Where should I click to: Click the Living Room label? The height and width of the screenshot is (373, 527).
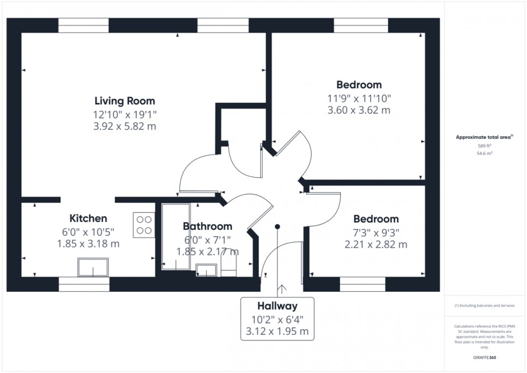pyautogui.click(x=125, y=101)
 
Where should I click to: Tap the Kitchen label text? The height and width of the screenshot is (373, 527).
pyautogui.click(x=88, y=219)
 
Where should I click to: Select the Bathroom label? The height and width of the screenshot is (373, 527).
pyautogui.click(x=208, y=227)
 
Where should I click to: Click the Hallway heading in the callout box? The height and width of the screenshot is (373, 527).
pyautogui.click(x=277, y=306)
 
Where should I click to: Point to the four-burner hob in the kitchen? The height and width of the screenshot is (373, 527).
pyautogui.click(x=144, y=225)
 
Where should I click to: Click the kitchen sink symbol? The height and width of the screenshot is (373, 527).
pyautogui.click(x=93, y=267)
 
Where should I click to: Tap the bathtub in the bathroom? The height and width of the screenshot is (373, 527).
pyautogui.click(x=176, y=236)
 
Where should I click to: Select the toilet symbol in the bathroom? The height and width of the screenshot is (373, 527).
pyautogui.click(x=229, y=268)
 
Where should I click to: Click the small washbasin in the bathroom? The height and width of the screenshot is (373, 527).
pyautogui.click(x=206, y=270)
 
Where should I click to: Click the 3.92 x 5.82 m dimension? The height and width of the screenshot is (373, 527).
pyautogui.click(x=125, y=126)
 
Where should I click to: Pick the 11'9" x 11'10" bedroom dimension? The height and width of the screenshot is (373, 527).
pyautogui.click(x=359, y=98)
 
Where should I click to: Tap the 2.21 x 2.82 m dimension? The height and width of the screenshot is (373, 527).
pyautogui.click(x=376, y=244)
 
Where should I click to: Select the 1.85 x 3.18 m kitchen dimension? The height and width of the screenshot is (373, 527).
pyautogui.click(x=88, y=244)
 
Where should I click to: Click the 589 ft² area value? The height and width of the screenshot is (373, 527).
pyautogui.click(x=485, y=146)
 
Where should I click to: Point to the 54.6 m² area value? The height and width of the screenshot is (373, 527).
pyautogui.click(x=485, y=153)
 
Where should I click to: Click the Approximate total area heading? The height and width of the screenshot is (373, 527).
pyautogui.click(x=485, y=137)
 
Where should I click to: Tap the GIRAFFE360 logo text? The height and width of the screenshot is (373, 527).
pyautogui.click(x=485, y=357)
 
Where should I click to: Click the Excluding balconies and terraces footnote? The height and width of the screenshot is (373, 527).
pyautogui.click(x=485, y=306)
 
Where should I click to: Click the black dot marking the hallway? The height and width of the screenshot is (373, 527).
pyautogui.click(x=277, y=227)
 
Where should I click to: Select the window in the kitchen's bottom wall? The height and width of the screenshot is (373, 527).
pyautogui.click(x=84, y=284)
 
